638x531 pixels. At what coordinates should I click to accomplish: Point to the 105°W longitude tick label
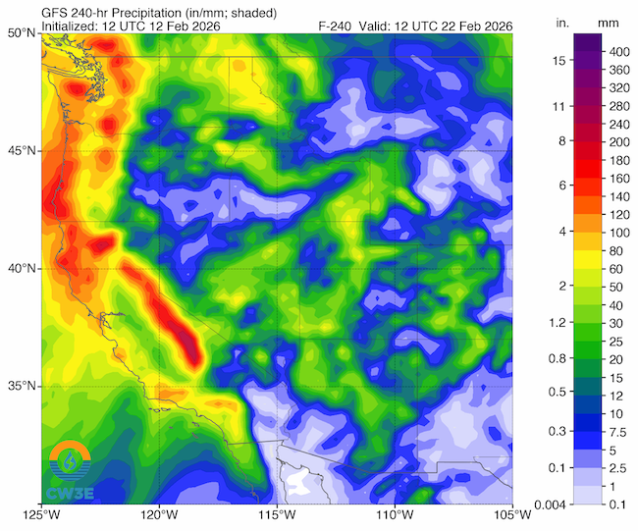coord(510,515)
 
